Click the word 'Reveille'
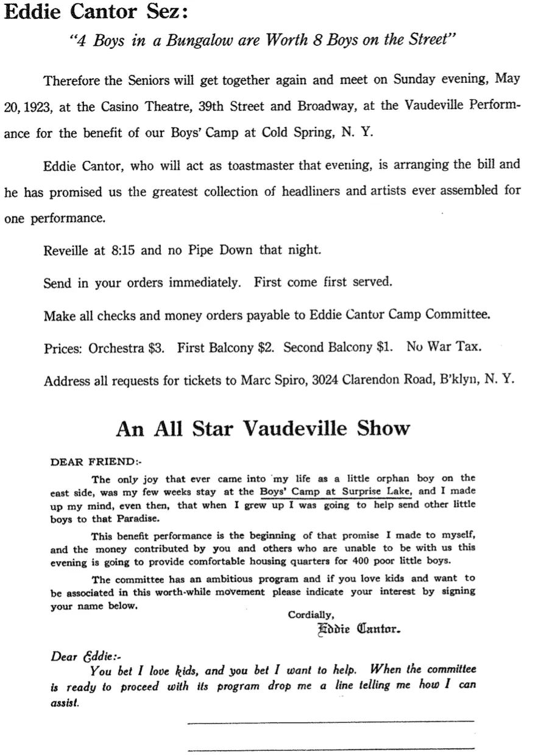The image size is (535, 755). (68, 249)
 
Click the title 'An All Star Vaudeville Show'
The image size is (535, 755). (263, 428)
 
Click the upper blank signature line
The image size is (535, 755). (330, 721)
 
